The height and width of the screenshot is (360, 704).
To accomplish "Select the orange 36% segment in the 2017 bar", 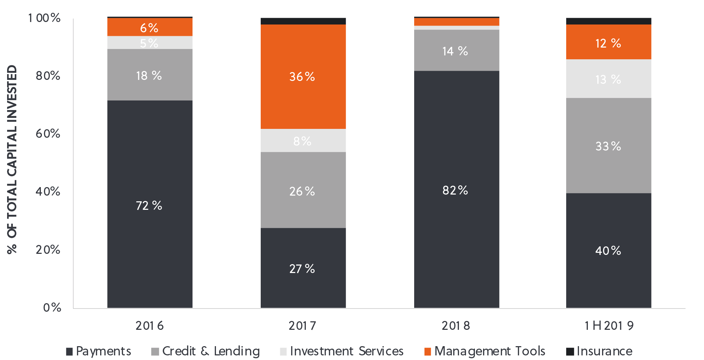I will (303, 76).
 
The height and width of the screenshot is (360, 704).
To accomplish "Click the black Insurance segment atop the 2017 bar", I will (303, 21).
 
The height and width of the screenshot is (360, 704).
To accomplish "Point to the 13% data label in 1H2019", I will (608, 80).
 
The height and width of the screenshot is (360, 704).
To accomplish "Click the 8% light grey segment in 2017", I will (303, 141).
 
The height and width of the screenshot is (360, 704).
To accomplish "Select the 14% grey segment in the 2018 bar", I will (456, 50).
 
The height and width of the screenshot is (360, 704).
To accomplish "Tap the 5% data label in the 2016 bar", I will (149, 43).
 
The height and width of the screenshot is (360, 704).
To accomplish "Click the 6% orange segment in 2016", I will (150, 27).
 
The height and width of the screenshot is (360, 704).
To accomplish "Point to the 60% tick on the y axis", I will (48, 133).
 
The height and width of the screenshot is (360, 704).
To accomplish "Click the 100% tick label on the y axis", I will (44, 18).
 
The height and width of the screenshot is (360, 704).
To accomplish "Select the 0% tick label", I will (52, 307).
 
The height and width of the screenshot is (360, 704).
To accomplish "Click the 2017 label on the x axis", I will (302, 325).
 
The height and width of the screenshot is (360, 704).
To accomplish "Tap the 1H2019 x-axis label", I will (609, 325).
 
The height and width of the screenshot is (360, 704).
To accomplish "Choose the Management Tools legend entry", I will (485, 351).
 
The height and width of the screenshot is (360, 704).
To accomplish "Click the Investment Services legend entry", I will (342, 351).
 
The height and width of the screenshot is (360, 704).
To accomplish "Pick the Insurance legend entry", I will (599, 351).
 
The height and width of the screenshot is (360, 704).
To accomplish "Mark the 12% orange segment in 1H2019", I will (608, 43).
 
